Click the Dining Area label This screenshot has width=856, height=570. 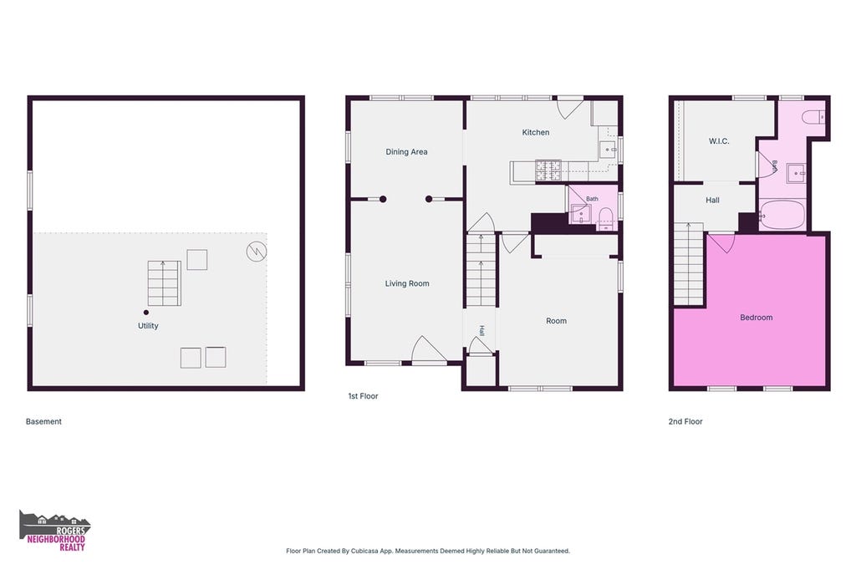406,152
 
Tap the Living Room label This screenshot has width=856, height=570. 407,283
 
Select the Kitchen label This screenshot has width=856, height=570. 536,132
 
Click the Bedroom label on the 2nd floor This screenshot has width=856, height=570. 756,318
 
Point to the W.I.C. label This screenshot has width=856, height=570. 719,141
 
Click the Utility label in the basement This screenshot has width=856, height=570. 148,325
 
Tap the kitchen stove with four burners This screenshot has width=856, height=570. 548,170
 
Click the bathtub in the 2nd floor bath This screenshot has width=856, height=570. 782,215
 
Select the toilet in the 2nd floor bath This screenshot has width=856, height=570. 813,117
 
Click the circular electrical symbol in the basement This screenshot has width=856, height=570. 256,251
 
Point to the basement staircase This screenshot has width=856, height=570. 164,283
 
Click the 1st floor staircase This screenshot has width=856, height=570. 481,269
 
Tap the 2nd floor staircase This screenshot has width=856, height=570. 689,264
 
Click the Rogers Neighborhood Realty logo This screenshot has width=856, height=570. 54,531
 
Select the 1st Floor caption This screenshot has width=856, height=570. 363,396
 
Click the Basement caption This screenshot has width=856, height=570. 43,421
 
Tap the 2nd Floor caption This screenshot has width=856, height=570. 685,421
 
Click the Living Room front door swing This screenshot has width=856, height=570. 428,349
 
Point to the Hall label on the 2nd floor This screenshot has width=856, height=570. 712,200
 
